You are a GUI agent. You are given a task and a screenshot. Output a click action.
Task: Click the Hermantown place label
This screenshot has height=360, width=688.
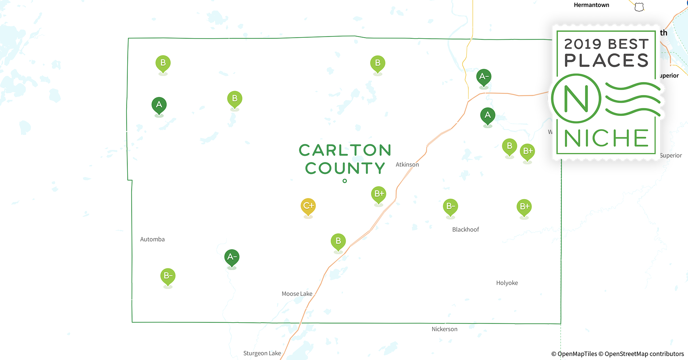(591, 5)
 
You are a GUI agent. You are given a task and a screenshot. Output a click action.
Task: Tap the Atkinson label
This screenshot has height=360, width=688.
(407, 165)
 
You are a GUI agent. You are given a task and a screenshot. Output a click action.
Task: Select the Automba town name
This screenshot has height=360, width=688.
(152, 239)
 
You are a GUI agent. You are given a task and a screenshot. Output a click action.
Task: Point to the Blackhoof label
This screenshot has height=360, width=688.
(465, 230)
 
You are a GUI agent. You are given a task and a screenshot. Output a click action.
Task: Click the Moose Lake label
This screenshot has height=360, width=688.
(297, 294)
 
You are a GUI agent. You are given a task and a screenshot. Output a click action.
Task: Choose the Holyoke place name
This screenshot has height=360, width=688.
(507, 283)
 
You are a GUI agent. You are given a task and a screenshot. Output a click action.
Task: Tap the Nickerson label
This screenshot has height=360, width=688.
(444, 329)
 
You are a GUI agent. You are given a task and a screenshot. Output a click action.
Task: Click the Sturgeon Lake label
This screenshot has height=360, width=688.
(262, 353)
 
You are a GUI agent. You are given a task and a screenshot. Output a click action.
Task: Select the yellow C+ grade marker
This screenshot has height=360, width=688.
(308, 206)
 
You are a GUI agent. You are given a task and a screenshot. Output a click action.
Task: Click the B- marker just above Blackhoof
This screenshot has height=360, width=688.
(450, 207)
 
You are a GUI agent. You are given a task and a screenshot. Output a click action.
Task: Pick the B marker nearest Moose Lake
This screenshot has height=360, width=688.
(338, 242)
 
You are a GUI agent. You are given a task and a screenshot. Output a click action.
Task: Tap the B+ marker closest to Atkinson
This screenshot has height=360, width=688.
(379, 194)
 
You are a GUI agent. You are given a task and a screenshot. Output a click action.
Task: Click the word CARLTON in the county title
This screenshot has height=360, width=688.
(345, 150)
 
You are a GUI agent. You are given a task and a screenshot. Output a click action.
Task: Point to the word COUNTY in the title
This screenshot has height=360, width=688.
(345, 168)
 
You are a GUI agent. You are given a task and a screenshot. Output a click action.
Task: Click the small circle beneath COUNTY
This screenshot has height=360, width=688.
(345, 181)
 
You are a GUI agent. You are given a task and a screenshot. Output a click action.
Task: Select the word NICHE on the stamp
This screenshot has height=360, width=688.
(606, 138)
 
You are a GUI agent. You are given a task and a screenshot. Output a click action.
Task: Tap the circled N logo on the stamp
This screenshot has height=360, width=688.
(576, 99)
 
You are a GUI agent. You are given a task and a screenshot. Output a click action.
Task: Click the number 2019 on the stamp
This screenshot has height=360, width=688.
(582, 44)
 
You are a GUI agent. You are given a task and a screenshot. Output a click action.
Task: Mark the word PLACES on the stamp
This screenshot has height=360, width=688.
(606, 60)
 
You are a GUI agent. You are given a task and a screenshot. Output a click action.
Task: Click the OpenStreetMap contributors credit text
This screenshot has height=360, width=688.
(644, 354)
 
